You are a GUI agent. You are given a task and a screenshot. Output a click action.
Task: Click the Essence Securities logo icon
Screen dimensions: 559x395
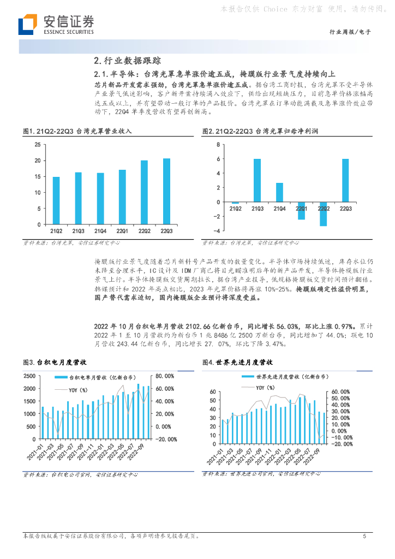[27, 25]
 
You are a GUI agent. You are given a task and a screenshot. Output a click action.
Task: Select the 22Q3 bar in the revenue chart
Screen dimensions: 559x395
[167, 191]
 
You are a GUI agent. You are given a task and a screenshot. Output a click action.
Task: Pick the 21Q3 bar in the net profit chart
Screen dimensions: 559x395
[257, 181]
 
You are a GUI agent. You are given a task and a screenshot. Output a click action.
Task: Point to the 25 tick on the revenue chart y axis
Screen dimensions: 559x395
[38, 144]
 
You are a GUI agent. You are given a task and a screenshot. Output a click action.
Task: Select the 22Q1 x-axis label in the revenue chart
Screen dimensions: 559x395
[123, 231]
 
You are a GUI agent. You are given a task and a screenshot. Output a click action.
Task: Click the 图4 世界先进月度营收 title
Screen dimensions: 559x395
[237, 362]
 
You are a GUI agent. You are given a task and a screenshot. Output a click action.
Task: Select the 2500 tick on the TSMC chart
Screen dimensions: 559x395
[30, 376]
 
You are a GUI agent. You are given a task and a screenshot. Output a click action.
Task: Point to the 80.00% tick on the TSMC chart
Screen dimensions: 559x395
[165, 376]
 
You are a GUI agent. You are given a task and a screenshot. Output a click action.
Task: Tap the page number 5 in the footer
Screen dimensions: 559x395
[364, 536]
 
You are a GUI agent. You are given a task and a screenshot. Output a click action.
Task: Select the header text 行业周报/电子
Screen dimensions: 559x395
[351, 32]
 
